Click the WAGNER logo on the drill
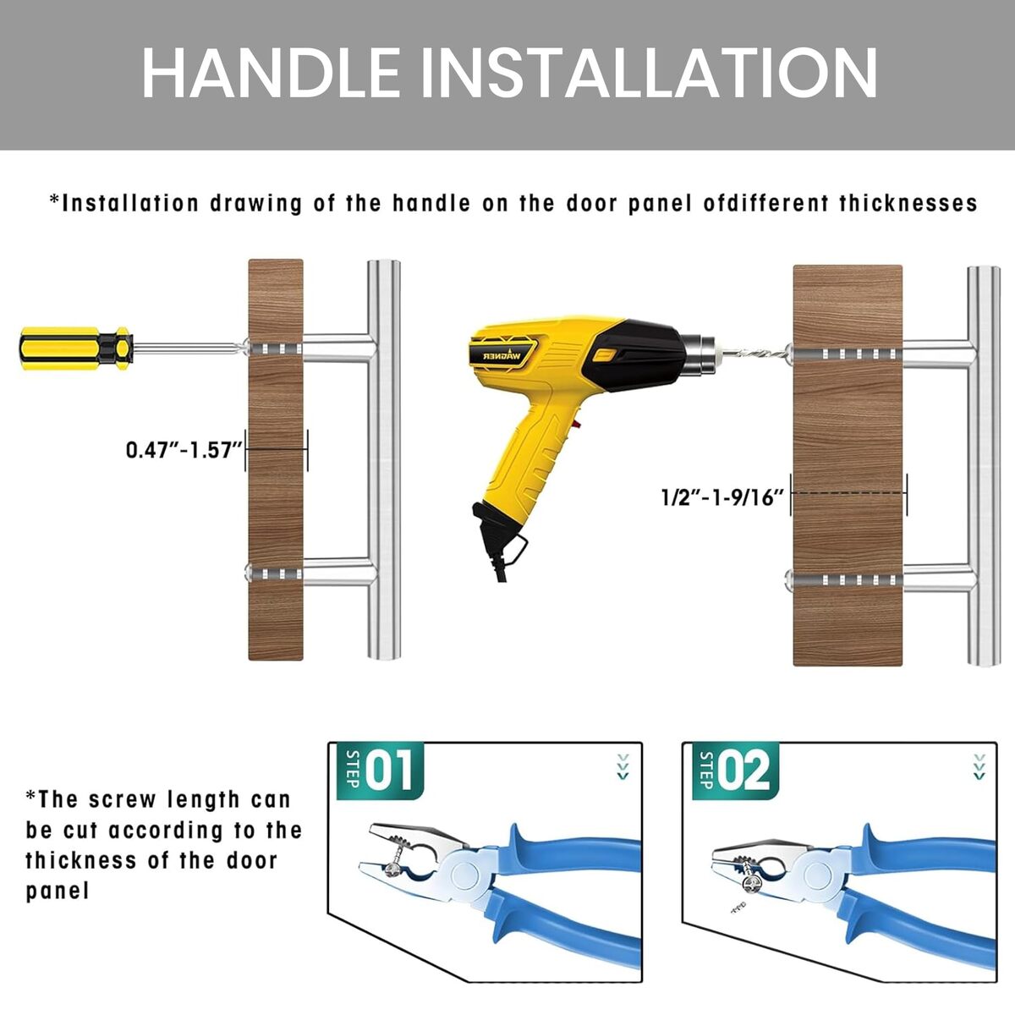click(502, 356)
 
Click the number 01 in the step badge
click(389, 771)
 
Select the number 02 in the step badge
click(743, 771)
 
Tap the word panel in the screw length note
click(58, 892)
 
